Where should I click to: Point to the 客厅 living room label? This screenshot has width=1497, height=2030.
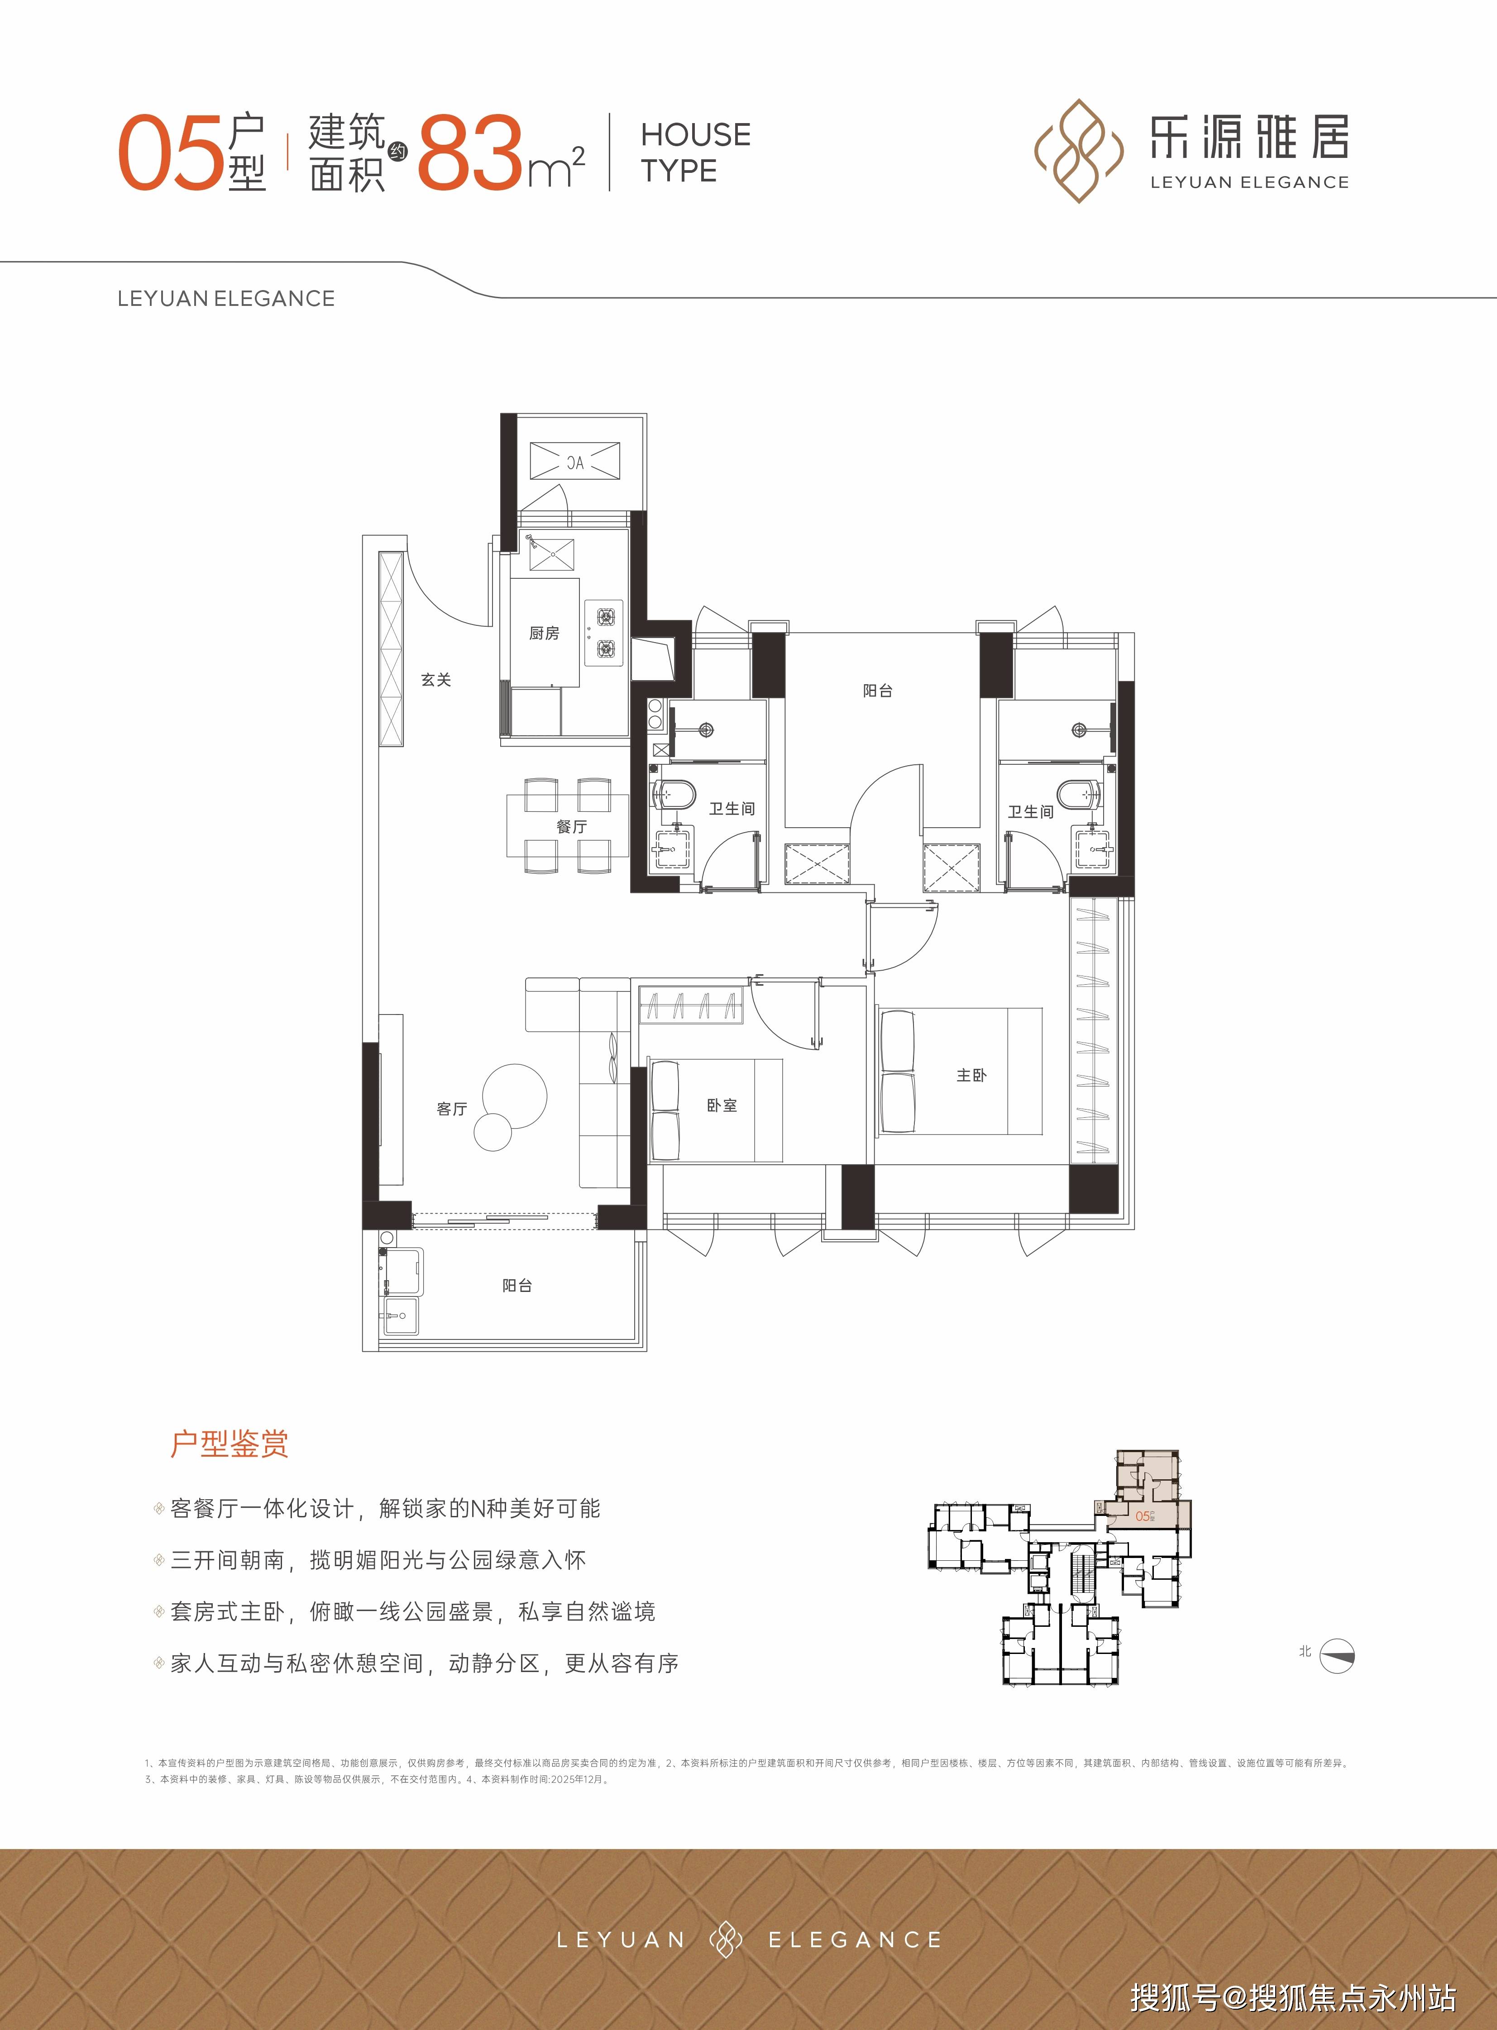pyautogui.click(x=451, y=1109)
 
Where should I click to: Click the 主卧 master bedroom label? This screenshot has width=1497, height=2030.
pyautogui.click(x=971, y=1075)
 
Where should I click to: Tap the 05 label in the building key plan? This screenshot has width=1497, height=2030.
pyautogui.click(x=1143, y=1515)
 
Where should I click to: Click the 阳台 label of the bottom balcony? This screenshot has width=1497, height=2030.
pyautogui.click(x=517, y=1286)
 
